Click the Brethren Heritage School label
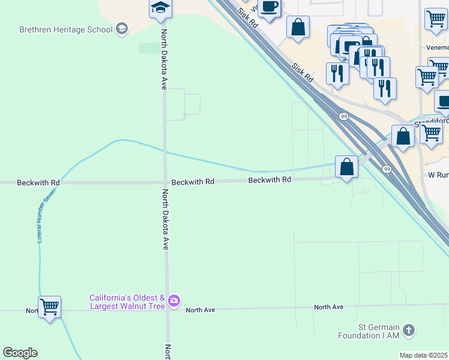click(66, 29)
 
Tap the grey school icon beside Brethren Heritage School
click(122, 29)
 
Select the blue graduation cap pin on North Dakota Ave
click(160, 8)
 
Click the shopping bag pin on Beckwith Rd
click(347, 166)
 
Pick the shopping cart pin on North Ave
click(49, 307)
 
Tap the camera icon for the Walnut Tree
click(174, 301)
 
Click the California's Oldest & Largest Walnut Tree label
click(127, 302)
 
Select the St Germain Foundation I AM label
click(370, 331)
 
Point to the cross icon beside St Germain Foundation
click(409, 331)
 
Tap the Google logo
click(20, 353)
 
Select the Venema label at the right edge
click(438, 47)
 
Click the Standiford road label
click(432, 122)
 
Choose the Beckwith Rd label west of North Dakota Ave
click(38, 182)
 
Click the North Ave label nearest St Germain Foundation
click(328, 307)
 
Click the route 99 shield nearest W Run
click(387, 170)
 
